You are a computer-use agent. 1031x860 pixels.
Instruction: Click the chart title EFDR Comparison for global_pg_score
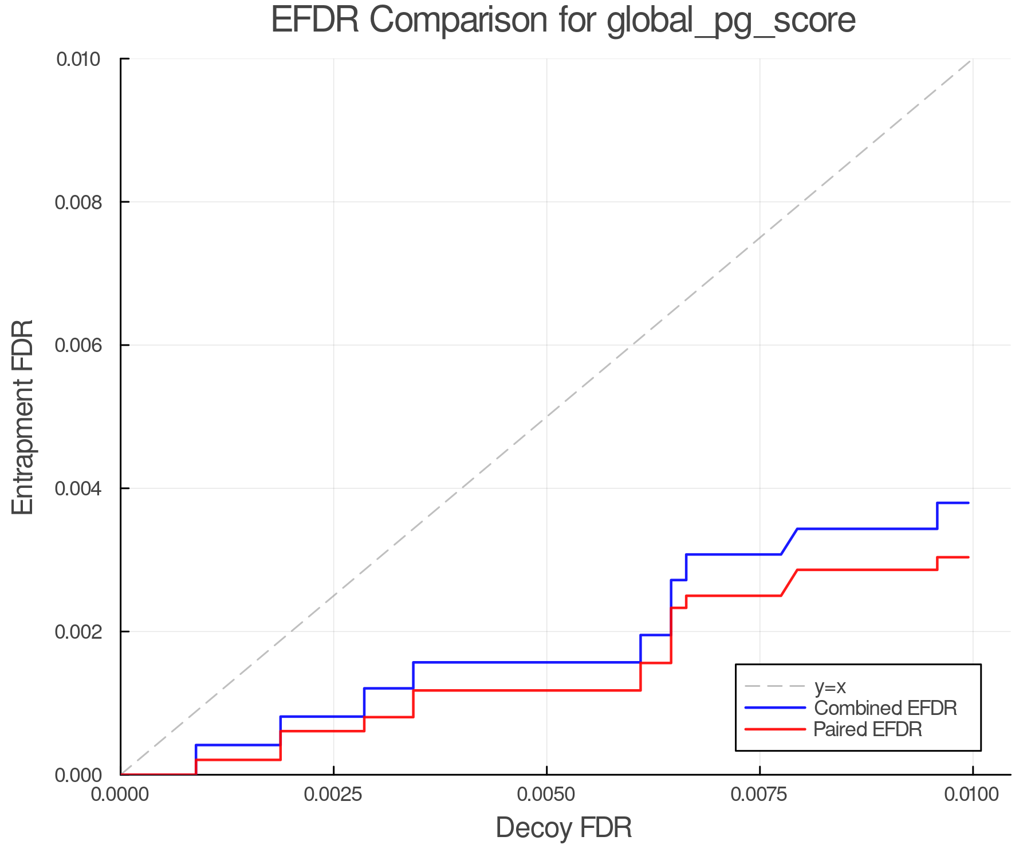tap(563, 20)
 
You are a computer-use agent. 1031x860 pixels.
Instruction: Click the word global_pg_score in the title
tap(731, 21)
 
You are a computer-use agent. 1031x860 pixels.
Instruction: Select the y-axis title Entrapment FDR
tap(23, 417)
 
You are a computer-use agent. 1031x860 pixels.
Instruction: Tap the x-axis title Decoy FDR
tap(564, 828)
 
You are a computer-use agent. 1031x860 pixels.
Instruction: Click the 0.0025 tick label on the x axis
tap(333, 795)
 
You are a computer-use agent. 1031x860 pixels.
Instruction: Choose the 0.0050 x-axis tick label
tap(546, 795)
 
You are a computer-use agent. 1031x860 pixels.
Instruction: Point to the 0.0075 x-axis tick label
tap(760, 795)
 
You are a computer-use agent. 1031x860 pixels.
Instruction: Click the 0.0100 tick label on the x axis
tap(972, 795)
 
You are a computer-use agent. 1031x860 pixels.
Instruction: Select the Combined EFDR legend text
tap(886, 708)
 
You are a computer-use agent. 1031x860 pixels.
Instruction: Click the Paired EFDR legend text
tap(868, 729)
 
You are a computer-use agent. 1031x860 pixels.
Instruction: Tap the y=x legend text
tap(830, 687)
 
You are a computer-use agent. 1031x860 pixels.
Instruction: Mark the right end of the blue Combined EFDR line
tap(968, 503)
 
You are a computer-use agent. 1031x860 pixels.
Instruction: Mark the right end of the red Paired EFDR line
tap(968, 557)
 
